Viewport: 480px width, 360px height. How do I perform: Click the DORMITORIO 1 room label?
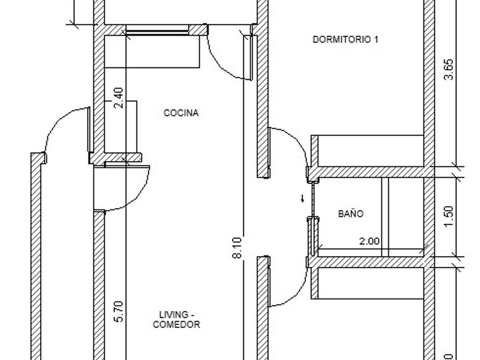pos(345,39)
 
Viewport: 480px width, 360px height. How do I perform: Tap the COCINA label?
pos(181,113)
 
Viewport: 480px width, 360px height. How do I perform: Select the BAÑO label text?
pos(350,213)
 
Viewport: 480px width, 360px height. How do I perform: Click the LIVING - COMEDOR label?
pos(177,319)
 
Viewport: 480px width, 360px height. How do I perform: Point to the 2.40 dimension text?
pos(118,98)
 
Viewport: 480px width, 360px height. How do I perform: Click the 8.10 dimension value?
pos(237,247)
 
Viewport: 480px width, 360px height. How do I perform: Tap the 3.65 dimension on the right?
pos(449,69)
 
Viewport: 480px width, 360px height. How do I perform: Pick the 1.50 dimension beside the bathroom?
pos(449,217)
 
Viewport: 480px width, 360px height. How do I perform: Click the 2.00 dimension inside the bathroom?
pos(369,241)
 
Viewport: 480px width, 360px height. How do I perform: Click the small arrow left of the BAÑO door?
pos(302,198)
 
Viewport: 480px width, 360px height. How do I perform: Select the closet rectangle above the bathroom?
pos(367,151)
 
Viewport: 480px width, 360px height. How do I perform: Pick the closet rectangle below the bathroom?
pos(367,283)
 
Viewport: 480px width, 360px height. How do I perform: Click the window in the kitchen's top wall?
pos(157,30)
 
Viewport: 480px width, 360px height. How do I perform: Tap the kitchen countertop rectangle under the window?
pos(152,51)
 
